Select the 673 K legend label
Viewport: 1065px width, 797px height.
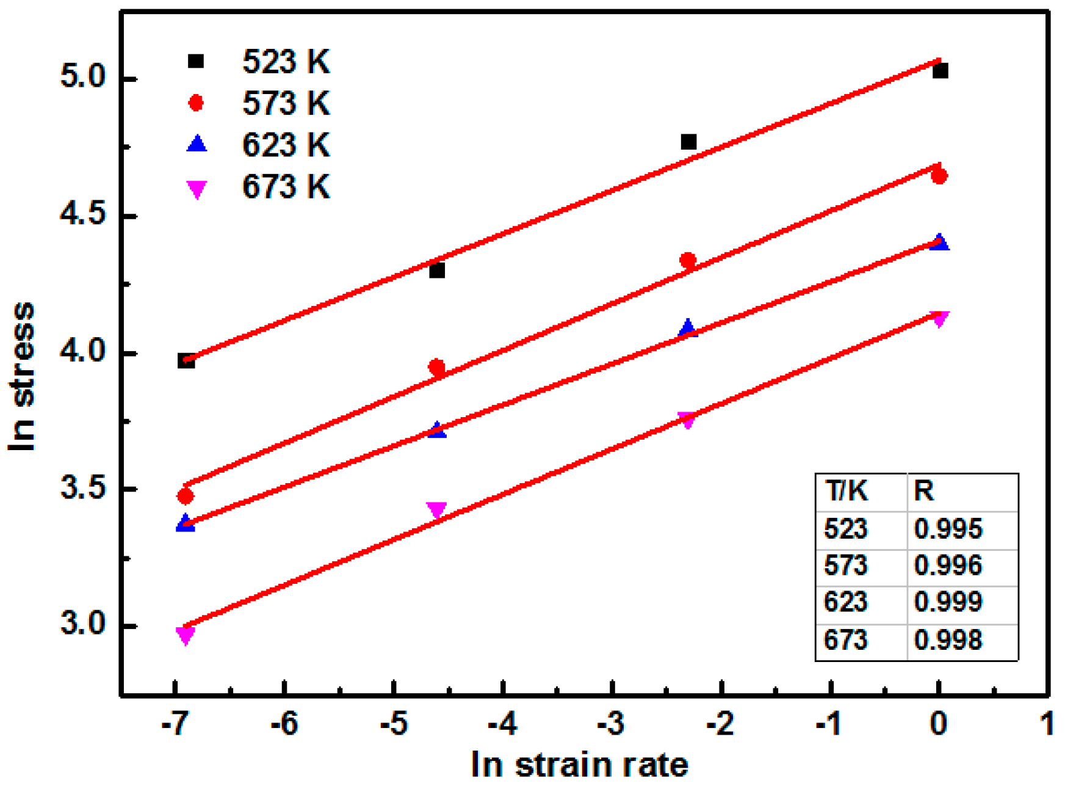pyautogui.click(x=286, y=186)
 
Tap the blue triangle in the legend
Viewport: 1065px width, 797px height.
pyautogui.click(x=197, y=144)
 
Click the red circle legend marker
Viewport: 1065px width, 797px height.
pyautogui.click(x=196, y=103)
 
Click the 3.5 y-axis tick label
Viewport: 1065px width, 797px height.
pyautogui.click(x=83, y=489)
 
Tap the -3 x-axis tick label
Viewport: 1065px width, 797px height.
pyautogui.click(x=611, y=724)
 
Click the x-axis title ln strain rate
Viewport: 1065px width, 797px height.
pyautogui.click(x=579, y=765)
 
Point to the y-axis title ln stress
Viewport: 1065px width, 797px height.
pyautogui.click(x=22, y=377)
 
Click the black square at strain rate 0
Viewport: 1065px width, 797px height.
pyautogui.click(x=940, y=71)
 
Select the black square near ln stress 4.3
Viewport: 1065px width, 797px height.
pyautogui.click(x=437, y=270)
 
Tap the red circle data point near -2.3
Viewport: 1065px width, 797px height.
pyautogui.click(x=688, y=261)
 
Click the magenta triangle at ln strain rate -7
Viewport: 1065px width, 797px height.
pyautogui.click(x=185, y=635)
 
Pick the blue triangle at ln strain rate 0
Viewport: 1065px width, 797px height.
pyautogui.click(x=940, y=242)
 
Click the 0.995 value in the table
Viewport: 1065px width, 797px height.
pyautogui.click(x=948, y=529)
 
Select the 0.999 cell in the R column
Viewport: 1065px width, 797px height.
pyautogui.click(x=948, y=602)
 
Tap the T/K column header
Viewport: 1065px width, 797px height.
pyautogui.click(x=846, y=491)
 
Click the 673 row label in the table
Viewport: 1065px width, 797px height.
pyautogui.click(x=845, y=640)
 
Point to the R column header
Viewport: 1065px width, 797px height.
pyautogui.click(x=923, y=491)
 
